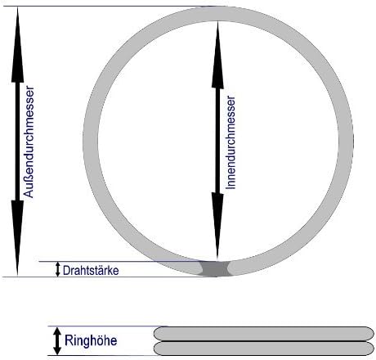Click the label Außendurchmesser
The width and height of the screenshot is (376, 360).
(x=29, y=142)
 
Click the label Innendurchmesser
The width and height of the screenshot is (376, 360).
(x=231, y=142)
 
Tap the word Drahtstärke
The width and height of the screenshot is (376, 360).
(x=91, y=271)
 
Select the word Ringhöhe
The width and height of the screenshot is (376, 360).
(x=91, y=340)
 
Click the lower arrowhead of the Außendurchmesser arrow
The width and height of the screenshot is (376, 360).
(x=17, y=238)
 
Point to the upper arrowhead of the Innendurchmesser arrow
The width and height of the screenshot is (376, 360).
(x=217, y=56)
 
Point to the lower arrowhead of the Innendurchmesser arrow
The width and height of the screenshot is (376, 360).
(x=217, y=226)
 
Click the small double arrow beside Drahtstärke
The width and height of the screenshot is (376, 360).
(x=57, y=269)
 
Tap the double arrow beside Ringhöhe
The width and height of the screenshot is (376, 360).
(x=57, y=341)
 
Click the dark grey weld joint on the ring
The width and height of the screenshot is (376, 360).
(x=216, y=269)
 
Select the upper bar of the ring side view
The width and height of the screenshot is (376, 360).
(x=264, y=334)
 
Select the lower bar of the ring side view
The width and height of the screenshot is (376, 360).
(x=264, y=349)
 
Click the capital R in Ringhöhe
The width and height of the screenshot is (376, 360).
(x=68, y=340)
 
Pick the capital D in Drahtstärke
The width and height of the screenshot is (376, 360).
(x=66, y=271)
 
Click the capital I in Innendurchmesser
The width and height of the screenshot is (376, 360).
(x=231, y=188)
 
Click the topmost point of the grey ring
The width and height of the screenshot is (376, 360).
(x=218, y=7)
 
